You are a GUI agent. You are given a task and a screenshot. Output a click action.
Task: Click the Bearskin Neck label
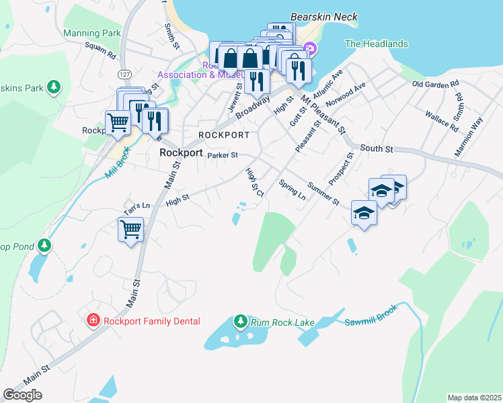[x=323, y=17]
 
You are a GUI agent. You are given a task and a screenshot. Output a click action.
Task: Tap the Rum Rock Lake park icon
[x=240, y=322]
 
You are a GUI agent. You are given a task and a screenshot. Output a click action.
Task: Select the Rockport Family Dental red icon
[x=93, y=321]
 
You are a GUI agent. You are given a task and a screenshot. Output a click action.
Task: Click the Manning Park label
[x=91, y=33]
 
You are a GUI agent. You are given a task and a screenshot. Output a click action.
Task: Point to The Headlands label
[x=376, y=44]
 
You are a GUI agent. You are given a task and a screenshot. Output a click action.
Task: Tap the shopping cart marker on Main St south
[x=130, y=229]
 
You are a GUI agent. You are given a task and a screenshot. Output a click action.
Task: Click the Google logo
[x=22, y=395]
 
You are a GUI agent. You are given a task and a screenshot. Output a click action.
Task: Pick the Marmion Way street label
[x=469, y=137]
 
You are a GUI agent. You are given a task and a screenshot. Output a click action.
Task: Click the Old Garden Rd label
[x=436, y=84]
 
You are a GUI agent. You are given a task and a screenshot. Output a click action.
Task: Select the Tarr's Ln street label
[x=136, y=204]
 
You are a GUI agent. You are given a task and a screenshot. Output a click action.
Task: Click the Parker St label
[x=223, y=155]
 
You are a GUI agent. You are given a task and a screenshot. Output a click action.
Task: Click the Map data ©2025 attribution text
[x=474, y=398]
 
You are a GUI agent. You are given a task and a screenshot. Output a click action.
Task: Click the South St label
[x=376, y=148]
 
